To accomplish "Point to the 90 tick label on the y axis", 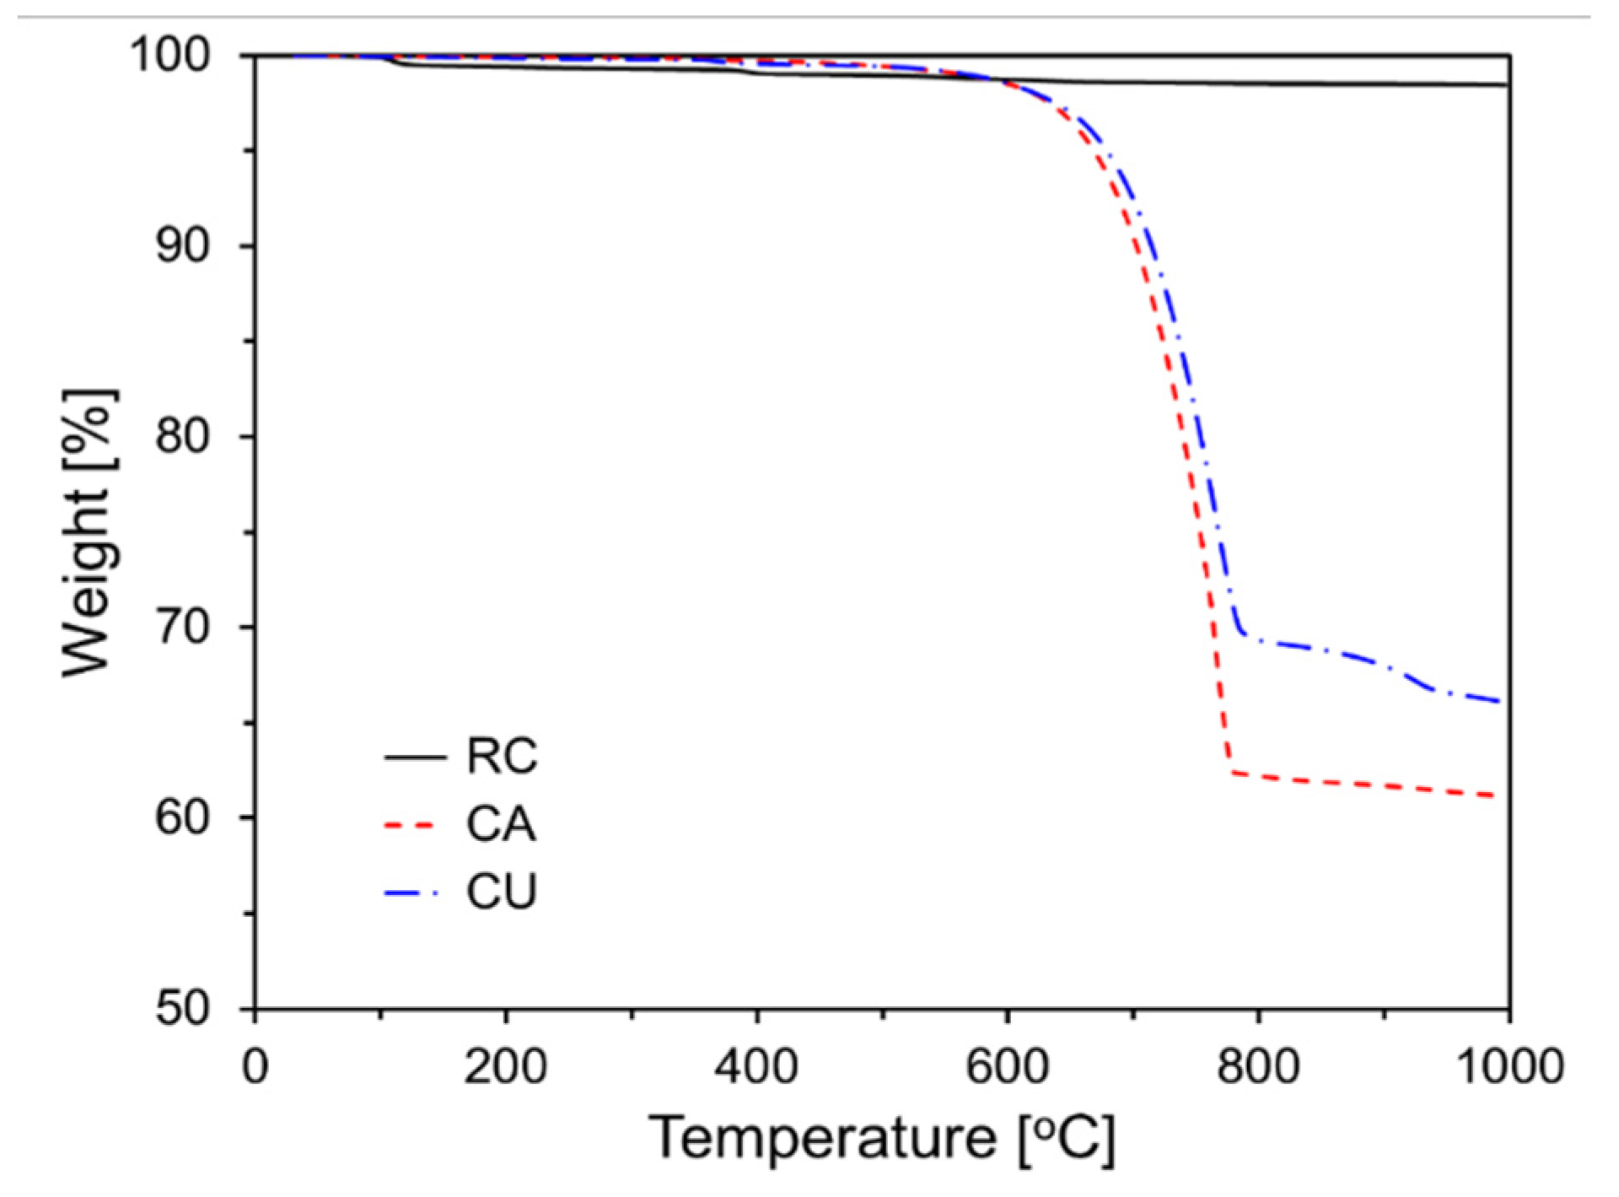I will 182,245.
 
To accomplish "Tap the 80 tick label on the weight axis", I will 182,436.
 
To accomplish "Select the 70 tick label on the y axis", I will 182,627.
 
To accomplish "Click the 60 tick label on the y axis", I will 182,817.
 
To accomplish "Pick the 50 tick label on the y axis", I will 182,1008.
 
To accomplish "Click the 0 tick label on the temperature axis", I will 255,1066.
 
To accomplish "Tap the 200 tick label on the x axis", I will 506,1066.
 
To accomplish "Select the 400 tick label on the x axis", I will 756,1066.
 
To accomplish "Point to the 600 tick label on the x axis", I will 1007,1066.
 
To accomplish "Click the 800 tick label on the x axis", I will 1258,1066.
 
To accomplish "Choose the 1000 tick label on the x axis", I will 1509,1066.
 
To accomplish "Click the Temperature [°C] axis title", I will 882,1139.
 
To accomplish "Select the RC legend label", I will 502,757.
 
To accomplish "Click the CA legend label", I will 501,824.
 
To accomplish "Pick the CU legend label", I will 502,892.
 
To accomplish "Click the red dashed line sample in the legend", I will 411,825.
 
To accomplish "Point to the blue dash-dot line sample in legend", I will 412,892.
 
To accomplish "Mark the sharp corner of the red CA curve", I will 1232,771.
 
